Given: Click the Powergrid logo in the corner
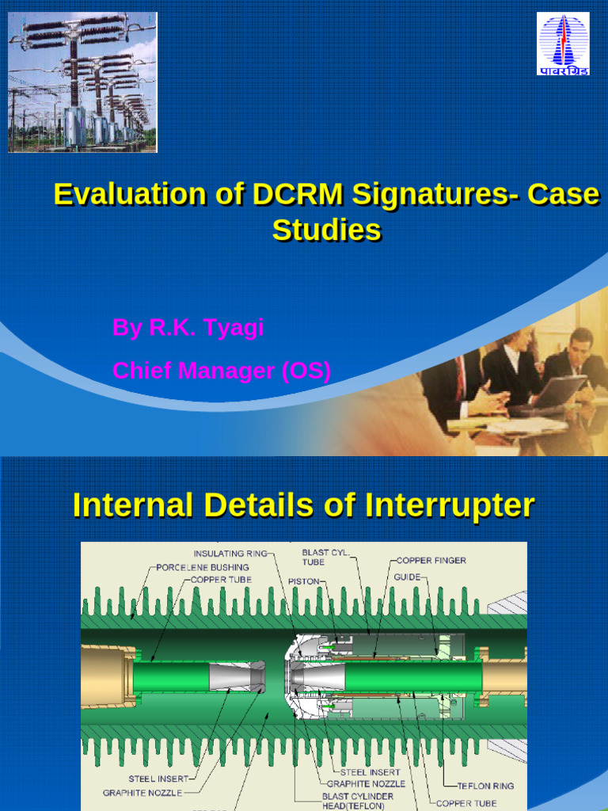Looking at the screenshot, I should tap(564, 44).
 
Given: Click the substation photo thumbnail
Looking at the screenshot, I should tap(82, 82).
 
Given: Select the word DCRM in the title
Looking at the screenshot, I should tap(296, 194).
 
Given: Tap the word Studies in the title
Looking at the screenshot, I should tap(326, 230).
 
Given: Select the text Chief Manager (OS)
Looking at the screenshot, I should tap(222, 370).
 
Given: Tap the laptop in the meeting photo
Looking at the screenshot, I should tap(559, 391).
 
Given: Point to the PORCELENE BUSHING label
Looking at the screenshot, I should tap(203, 567).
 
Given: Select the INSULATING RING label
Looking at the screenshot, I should tap(231, 553).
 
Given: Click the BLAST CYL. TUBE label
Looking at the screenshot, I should tap(325, 557).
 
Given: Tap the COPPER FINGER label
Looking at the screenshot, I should tap(431, 560).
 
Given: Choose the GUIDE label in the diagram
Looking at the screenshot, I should tap(408, 577).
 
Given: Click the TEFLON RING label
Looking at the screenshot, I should tap(485, 786).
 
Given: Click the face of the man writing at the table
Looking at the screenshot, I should tap(580, 345).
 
